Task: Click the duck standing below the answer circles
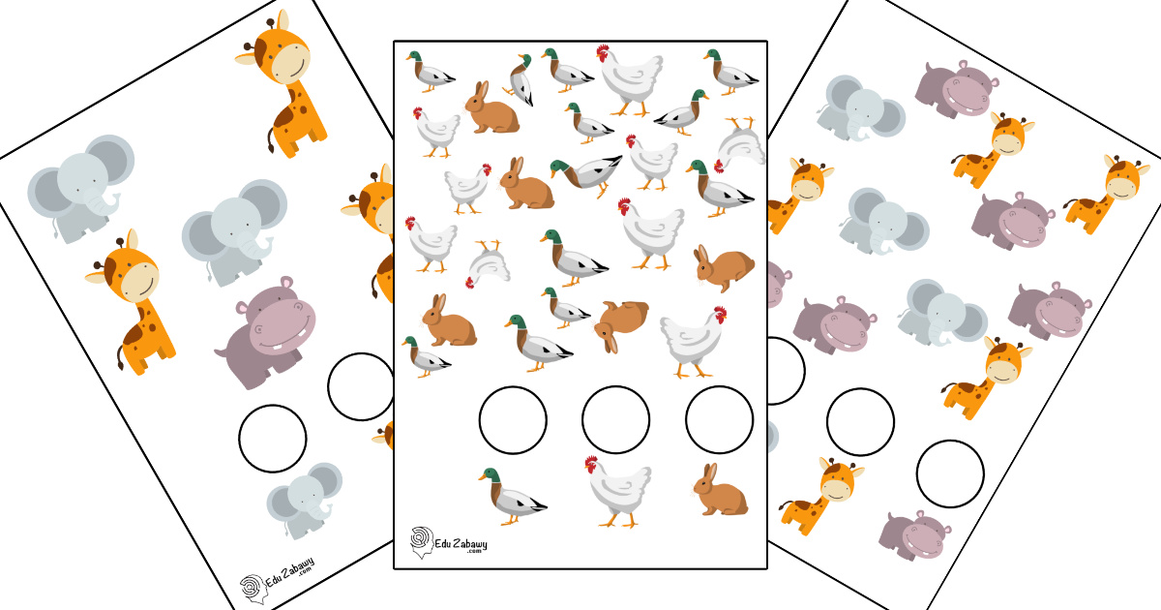click(512, 497)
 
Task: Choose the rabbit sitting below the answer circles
click(721, 490)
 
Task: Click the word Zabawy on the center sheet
click(470, 544)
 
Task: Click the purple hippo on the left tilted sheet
click(266, 332)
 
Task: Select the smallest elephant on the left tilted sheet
click(305, 501)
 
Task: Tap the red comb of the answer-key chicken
click(591, 463)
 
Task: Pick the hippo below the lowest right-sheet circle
click(915, 535)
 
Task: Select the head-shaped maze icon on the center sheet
click(422, 542)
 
